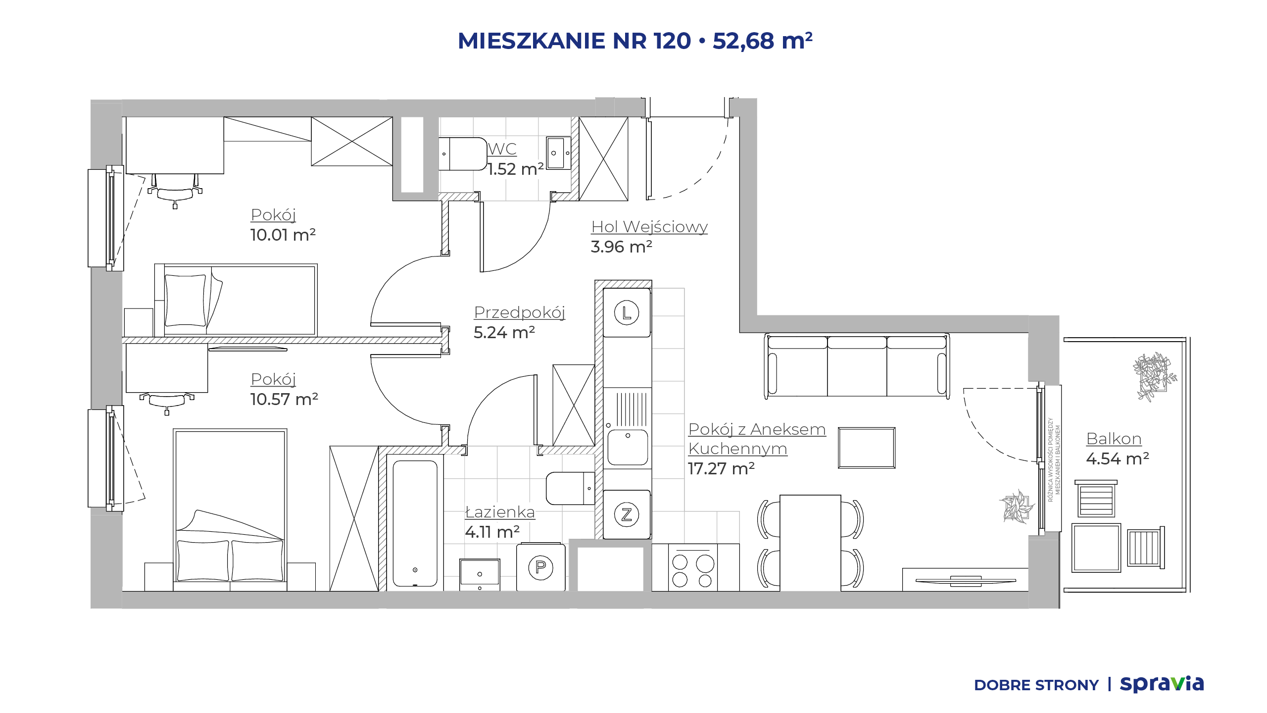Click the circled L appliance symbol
point(627,313)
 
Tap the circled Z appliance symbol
point(627,514)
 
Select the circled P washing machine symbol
point(540,567)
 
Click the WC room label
point(502,149)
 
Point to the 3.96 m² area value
point(622,247)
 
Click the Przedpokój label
point(520,312)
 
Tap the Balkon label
point(1114,439)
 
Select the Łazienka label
point(500,511)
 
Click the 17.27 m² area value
point(721,468)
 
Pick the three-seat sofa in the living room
point(857,366)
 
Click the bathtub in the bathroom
point(415,523)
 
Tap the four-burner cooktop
point(692,568)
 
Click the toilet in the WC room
point(463,154)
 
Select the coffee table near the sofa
point(867,448)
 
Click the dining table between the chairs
point(810,543)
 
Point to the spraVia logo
point(1162,684)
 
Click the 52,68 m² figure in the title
point(762,41)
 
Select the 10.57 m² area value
point(284,399)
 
